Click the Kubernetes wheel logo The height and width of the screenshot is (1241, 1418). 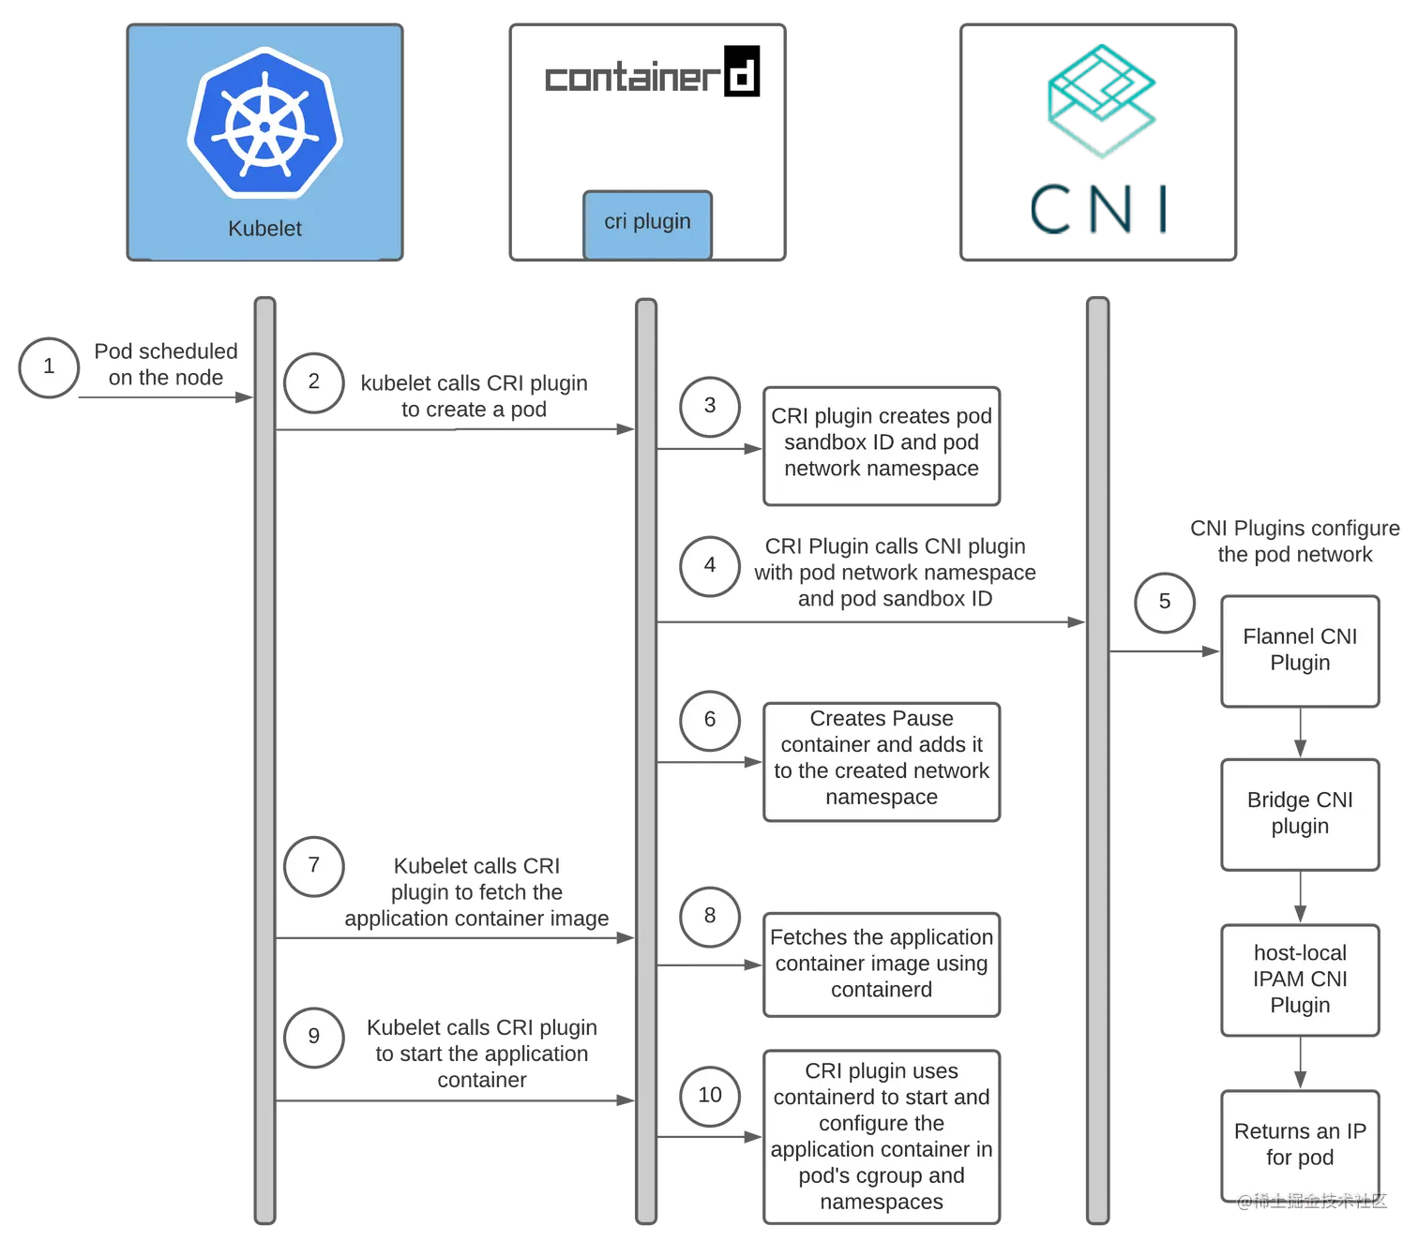click(264, 123)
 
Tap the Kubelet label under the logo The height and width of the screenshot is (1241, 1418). click(264, 229)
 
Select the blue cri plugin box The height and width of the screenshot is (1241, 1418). click(647, 222)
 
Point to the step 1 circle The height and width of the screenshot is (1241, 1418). click(49, 366)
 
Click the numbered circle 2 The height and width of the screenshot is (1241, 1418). click(314, 381)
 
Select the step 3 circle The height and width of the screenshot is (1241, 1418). click(710, 405)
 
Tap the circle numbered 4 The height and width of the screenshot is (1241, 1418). click(710, 565)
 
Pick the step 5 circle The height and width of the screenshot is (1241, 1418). click(1165, 602)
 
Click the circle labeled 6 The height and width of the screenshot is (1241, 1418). click(710, 719)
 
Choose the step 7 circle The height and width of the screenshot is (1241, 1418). click(314, 865)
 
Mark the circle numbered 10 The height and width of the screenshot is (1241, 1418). click(710, 1095)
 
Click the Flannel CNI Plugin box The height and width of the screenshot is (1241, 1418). click(1300, 650)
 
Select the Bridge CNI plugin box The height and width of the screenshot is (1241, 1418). click(1300, 814)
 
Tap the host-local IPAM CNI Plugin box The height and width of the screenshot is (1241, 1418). click(1300, 979)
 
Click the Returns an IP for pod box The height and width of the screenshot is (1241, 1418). click(1300, 1144)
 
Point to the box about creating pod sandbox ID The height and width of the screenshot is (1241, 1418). click(882, 443)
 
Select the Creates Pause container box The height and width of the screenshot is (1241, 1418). click(882, 758)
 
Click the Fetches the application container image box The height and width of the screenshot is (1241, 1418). click(882, 964)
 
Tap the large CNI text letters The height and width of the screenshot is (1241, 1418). click(1100, 210)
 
